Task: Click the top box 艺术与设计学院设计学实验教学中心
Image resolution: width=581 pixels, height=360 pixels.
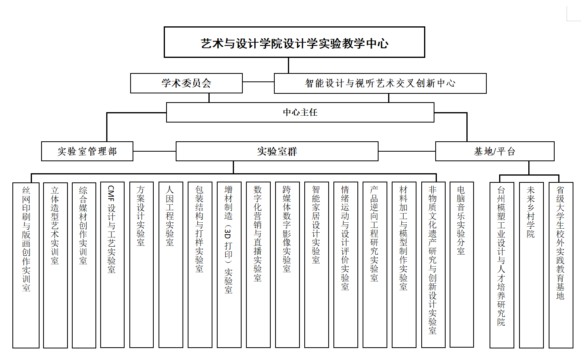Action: click(294, 42)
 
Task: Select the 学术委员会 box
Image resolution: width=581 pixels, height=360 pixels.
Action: click(186, 83)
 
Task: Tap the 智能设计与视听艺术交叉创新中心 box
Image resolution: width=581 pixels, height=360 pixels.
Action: click(380, 83)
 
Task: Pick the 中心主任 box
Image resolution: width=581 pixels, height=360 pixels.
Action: click(300, 112)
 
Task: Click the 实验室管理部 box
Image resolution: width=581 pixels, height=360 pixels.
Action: click(87, 151)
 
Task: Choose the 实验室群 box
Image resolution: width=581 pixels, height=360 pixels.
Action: click(277, 151)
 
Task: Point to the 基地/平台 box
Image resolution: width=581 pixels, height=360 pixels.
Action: click(495, 151)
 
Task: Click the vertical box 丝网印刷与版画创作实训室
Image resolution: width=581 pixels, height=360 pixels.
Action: click(26, 265)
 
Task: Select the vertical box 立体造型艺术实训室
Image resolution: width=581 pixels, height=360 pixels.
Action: click(55, 265)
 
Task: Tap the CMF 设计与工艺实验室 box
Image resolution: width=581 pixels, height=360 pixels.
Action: click(112, 265)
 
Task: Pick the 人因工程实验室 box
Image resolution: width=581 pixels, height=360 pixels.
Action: click(171, 265)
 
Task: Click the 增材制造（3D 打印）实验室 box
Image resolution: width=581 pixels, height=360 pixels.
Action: click(229, 265)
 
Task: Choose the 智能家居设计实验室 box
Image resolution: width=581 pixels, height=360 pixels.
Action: click(316, 265)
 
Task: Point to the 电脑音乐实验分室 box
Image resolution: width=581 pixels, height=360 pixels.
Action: click(462, 265)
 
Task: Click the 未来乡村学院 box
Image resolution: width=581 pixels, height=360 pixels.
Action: click(531, 265)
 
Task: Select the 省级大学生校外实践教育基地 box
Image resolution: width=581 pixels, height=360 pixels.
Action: click(561, 265)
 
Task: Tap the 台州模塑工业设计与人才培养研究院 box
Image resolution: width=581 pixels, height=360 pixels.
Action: click(502, 265)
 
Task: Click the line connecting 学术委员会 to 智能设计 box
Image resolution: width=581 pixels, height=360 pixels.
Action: click(258, 82)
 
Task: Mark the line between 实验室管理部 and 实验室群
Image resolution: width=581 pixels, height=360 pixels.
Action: click(155, 151)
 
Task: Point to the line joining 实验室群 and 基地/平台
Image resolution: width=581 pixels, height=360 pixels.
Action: click(407, 151)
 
